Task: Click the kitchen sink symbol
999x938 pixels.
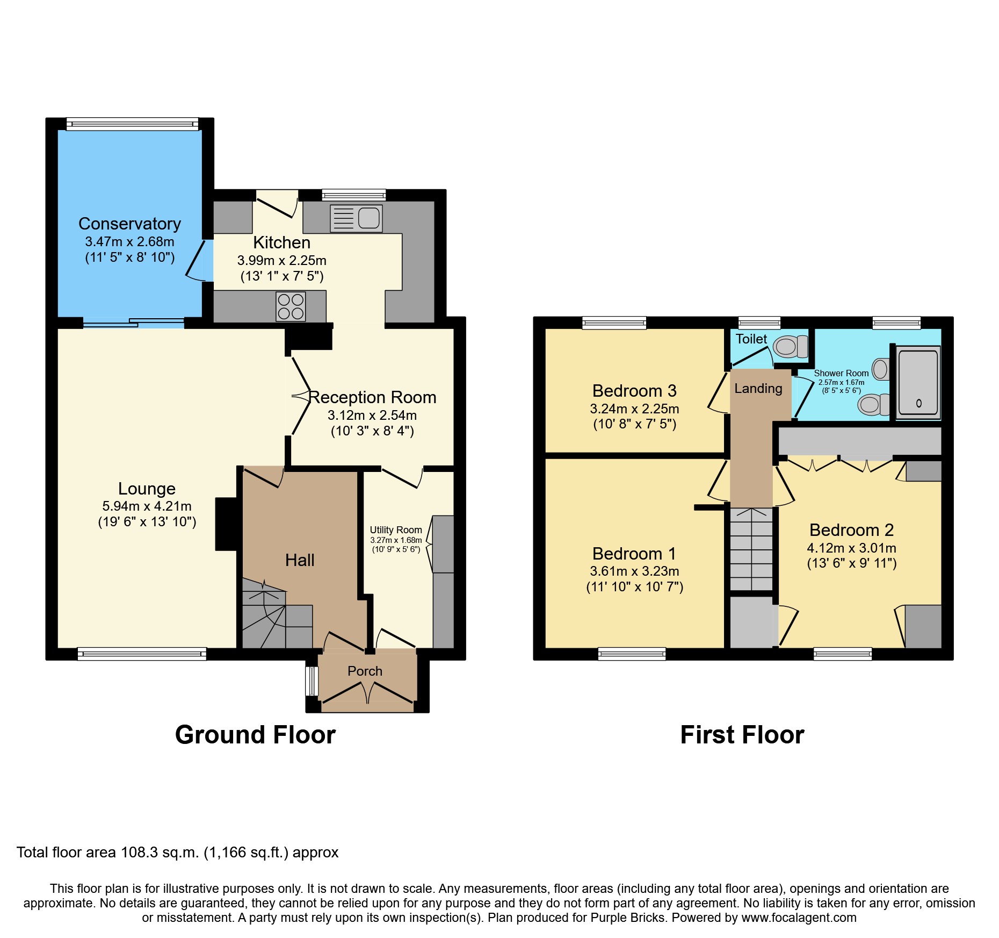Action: click(356, 218)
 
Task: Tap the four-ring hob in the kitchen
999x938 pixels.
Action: click(291, 306)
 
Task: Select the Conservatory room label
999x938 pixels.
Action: click(129, 224)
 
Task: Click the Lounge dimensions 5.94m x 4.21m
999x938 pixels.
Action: click(147, 506)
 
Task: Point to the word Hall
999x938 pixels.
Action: click(300, 560)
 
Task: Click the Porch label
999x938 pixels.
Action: click(365, 671)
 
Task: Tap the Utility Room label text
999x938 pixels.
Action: click(396, 530)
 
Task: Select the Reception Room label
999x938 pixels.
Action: click(372, 397)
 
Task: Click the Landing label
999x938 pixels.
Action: click(758, 388)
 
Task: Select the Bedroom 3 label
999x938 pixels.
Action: click(634, 391)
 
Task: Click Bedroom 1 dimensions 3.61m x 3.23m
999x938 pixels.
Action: click(634, 571)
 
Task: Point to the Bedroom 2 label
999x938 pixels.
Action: click(851, 530)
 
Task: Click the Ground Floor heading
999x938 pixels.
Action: click(255, 735)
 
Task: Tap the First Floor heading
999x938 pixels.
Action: click(742, 735)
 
